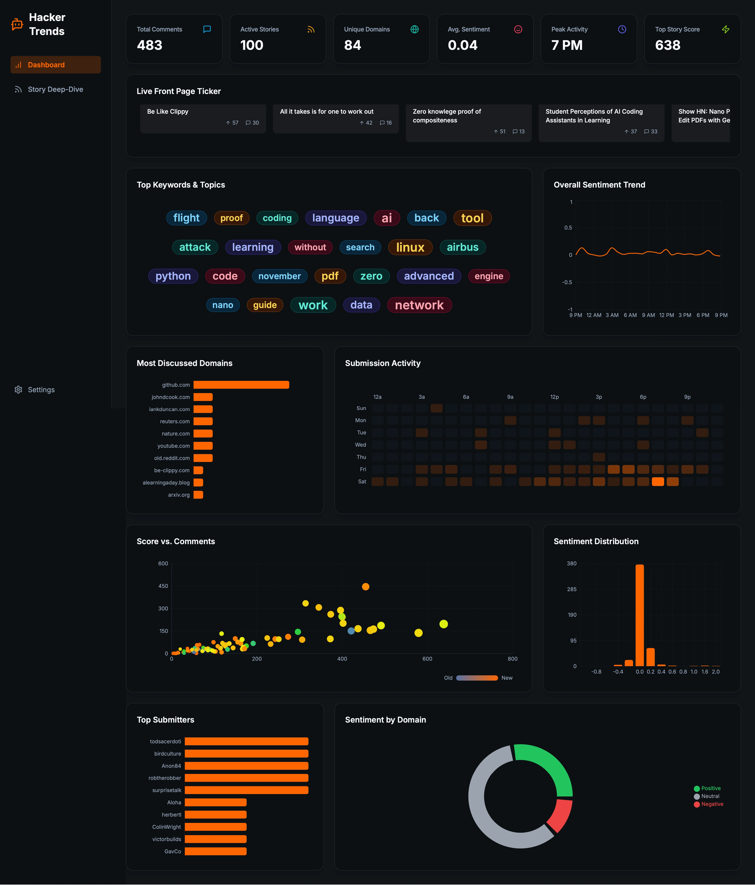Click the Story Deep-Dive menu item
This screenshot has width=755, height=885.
coord(55,89)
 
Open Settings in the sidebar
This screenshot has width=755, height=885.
coord(41,390)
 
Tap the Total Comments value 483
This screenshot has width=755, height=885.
coord(149,45)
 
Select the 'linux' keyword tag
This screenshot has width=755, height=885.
coord(410,247)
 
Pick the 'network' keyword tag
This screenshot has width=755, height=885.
coord(419,305)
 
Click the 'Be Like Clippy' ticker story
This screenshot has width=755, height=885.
coord(203,117)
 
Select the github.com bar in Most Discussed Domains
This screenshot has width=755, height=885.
coord(241,385)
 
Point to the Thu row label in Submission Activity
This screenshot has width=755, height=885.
coord(361,457)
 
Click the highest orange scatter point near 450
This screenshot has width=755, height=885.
coord(365,586)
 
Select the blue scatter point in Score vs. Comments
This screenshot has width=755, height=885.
coord(351,631)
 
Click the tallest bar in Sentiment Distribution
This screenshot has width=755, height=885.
coord(639,615)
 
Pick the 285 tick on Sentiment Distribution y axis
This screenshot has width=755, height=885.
coord(571,589)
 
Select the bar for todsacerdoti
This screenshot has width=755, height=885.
coord(246,742)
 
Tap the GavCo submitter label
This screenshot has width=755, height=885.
coord(172,851)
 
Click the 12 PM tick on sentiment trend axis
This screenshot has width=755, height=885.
coord(666,315)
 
